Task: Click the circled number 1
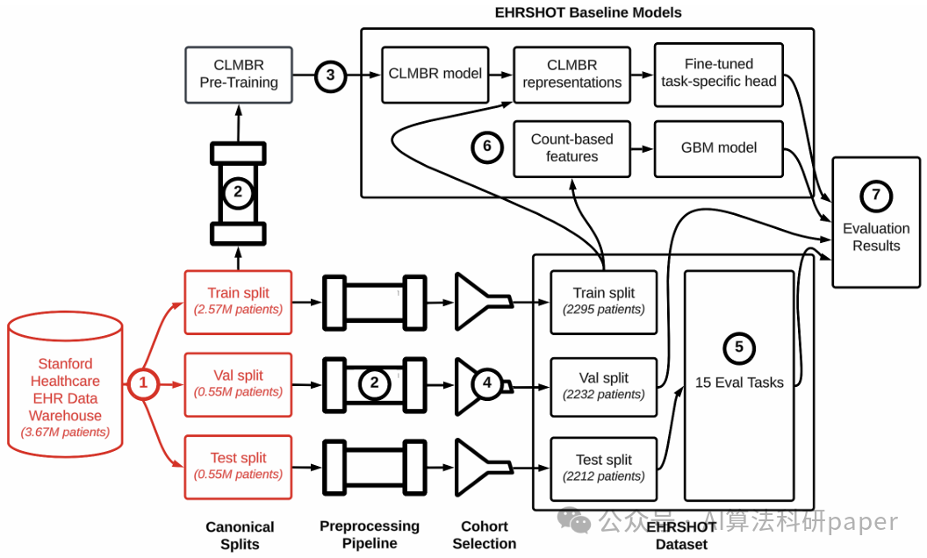click(x=143, y=383)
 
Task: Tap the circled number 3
click(x=330, y=75)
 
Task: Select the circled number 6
click(x=487, y=146)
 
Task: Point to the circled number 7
click(x=876, y=196)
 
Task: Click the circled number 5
click(x=739, y=347)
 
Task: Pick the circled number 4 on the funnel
click(x=487, y=383)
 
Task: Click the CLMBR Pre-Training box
click(x=239, y=75)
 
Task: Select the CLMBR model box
click(x=435, y=75)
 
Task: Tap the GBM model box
click(x=719, y=148)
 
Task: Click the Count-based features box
click(x=571, y=148)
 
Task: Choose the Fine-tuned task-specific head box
click(x=719, y=75)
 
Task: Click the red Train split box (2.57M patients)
click(x=238, y=302)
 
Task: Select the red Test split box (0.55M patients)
click(x=238, y=467)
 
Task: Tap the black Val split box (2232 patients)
click(x=604, y=387)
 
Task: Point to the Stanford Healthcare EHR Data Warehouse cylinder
click(x=65, y=385)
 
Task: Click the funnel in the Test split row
click(x=483, y=467)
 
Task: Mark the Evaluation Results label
click(x=876, y=237)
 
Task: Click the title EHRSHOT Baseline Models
click(x=588, y=12)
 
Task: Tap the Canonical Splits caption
click(x=240, y=535)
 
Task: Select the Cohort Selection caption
click(x=485, y=535)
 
